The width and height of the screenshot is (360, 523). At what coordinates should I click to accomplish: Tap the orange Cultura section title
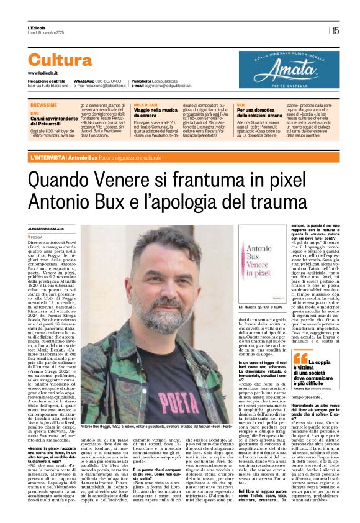pos(60,60)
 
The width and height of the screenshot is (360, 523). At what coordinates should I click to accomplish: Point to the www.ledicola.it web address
pos(43,73)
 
